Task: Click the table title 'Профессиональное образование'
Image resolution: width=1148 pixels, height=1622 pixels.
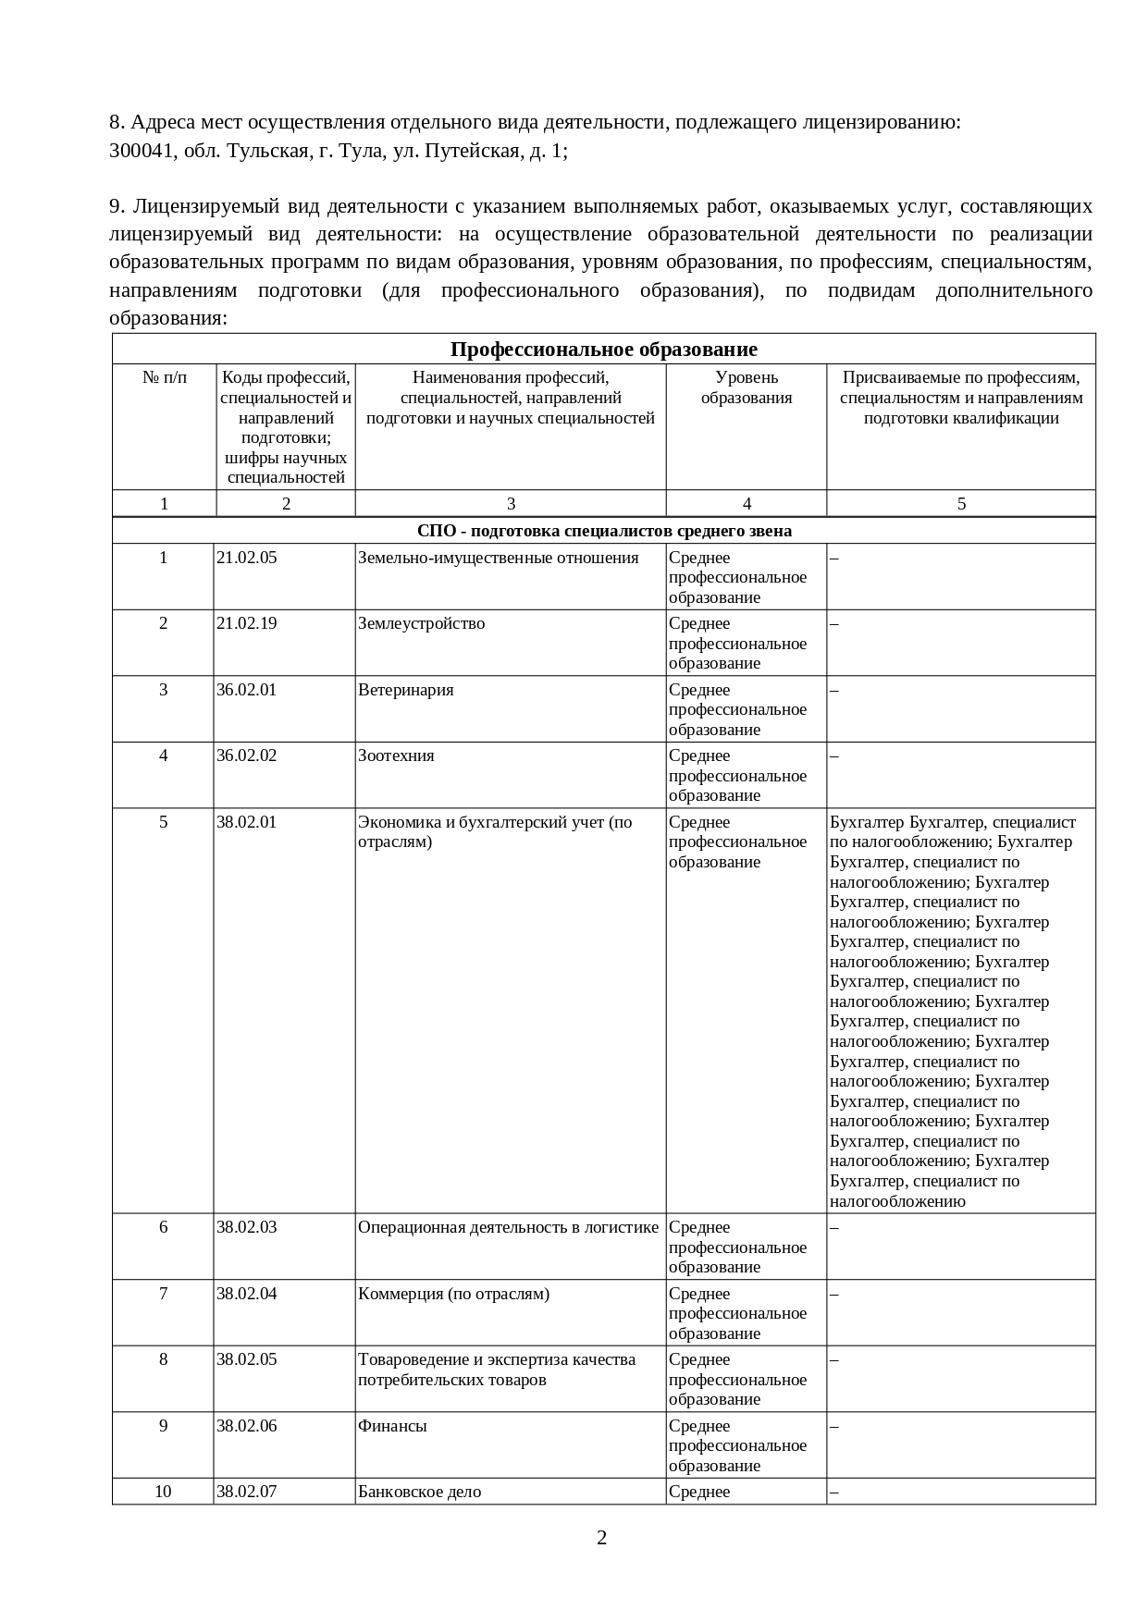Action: [603, 350]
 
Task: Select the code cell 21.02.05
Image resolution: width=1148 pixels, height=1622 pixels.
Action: [246, 558]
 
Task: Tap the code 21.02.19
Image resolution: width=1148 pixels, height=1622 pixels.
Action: [246, 623]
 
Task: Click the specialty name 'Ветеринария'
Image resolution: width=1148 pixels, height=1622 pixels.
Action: [405, 690]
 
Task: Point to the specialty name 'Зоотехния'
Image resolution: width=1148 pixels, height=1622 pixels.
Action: [396, 756]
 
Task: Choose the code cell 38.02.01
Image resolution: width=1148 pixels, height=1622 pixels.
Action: [246, 822]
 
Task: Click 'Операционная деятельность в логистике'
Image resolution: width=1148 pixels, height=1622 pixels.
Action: [508, 1227]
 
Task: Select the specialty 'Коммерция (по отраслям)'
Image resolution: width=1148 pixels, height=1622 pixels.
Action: [453, 1294]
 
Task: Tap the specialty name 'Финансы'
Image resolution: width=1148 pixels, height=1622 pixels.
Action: [392, 1426]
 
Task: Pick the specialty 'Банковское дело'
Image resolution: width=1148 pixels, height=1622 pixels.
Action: [419, 1492]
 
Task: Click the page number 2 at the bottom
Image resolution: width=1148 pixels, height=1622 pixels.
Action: [602, 1538]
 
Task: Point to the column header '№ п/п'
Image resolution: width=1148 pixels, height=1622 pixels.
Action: [165, 377]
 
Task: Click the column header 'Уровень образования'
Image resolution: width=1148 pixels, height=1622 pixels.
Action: [747, 387]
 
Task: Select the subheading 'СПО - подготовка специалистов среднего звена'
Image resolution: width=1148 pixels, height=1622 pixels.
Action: [604, 531]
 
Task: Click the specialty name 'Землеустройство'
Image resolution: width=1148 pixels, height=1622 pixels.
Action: [421, 623]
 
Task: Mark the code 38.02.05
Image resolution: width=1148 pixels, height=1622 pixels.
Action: [246, 1359]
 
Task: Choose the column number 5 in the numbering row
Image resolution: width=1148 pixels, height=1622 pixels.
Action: [961, 504]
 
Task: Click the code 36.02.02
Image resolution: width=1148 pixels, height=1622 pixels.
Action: [246, 756]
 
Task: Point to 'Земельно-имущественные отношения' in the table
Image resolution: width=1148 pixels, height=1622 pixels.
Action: [498, 558]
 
